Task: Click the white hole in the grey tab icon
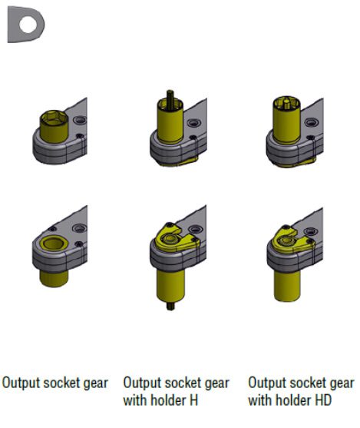[x=28, y=24]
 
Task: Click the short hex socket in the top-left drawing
[x=54, y=126]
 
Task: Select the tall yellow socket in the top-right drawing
[x=286, y=120]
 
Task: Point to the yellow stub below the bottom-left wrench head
[x=54, y=278]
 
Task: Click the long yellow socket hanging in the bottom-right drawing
[x=287, y=286]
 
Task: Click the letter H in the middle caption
[x=193, y=400]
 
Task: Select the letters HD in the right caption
[x=323, y=400]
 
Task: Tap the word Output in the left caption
[x=21, y=383]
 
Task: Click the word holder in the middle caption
[x=168, y=400]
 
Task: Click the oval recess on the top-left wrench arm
[x=80, y=120]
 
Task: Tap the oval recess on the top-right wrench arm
[x=311, y=122]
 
